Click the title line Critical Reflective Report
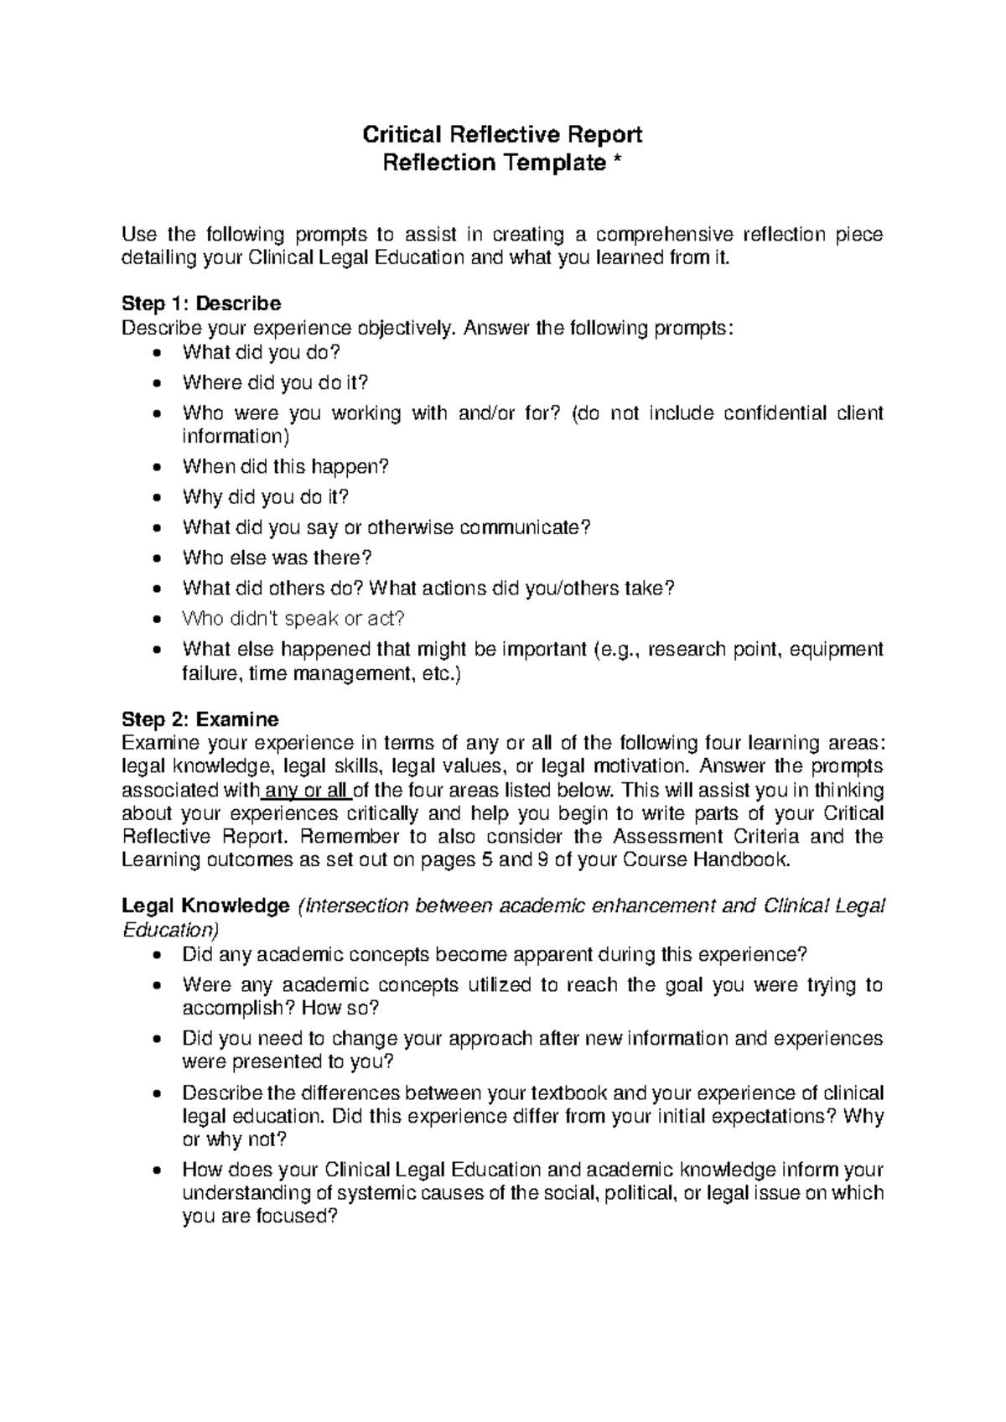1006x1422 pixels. (501, 134)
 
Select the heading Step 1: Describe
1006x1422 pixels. (201, 303)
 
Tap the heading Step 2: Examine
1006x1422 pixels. (200, 719)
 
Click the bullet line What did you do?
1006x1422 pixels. (262, 352)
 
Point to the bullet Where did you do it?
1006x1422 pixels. (275, 382)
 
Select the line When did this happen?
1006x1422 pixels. (286, 466)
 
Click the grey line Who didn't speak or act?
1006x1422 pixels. (293, 619)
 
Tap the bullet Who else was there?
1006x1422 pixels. (277, 558)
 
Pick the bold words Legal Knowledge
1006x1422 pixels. (205, 906)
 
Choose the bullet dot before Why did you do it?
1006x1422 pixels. (159, 498)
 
